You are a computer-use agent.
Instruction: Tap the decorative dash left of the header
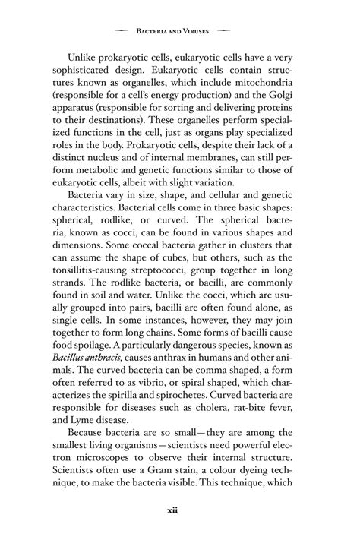[x=119, y=32]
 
